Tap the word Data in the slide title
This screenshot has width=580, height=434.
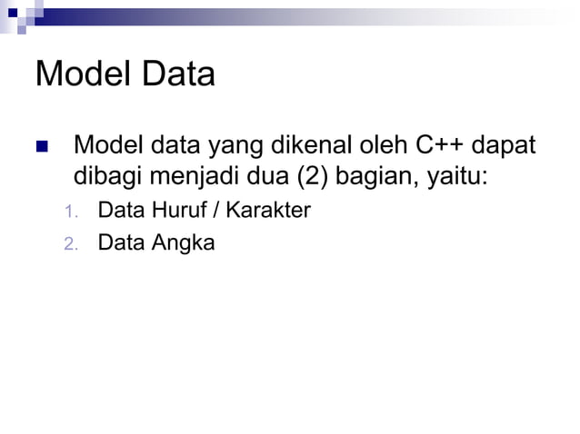(x=176, y=74)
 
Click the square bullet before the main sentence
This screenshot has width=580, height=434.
(x=41, y=146)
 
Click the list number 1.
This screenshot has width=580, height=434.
(x=71, y=213)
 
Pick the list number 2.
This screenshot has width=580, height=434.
(x=71, y=244)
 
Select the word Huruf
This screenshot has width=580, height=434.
(x=177, y=212)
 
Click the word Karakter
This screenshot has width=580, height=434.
(x=268, y=212)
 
